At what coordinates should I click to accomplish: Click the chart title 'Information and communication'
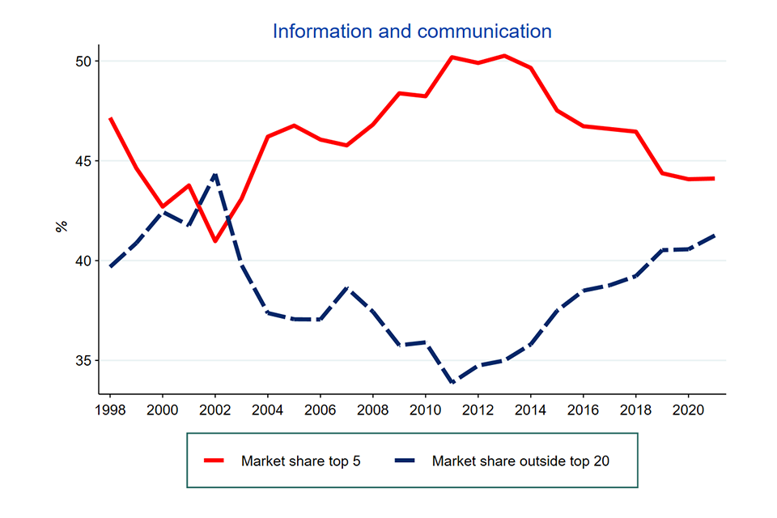tap(412, 32)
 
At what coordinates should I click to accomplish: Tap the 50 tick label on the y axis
tap(83, 62)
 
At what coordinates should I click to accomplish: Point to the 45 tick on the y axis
tap(83, 161)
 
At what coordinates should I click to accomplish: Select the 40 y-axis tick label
tap(83, 261)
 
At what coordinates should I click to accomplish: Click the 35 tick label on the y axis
tap(83, 360)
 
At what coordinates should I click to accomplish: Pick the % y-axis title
tap(62, 226)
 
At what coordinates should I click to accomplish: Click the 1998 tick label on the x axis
tap(111, 409)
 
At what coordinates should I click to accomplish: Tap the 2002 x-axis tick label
tap(214, 409)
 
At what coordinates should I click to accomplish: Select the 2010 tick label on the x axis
tap(425, 409)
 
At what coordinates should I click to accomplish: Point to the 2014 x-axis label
tap(530, 409)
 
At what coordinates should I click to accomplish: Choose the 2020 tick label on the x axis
tap(688, 409)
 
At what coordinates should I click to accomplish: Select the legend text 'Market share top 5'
tap(300, 461)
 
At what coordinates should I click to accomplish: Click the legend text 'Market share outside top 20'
tap(520, 461)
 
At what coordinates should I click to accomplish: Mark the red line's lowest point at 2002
tap(214, 241)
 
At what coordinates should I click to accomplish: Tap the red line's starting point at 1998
tap(110, 118)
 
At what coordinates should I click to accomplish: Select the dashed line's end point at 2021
tap(714, 236)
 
